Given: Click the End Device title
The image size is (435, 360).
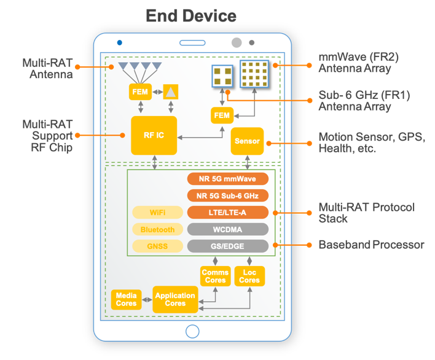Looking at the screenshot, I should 191,15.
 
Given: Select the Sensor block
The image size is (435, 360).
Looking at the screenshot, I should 246,141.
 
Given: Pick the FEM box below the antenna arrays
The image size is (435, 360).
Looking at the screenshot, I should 221,115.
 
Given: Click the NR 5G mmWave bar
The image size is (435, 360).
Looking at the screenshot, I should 228,179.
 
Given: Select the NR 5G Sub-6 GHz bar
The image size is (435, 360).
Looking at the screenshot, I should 228,196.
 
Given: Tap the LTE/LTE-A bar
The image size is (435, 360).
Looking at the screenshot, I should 228,213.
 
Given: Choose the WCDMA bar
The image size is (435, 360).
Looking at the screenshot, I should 228,229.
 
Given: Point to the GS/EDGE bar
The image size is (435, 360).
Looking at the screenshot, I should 228,246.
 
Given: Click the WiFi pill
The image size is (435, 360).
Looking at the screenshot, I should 158,213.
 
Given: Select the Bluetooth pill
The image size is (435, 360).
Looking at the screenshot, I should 158,229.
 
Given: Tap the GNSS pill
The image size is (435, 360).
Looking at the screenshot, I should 158,246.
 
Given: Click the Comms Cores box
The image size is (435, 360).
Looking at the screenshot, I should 215,276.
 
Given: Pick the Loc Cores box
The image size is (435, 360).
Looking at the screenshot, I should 249,276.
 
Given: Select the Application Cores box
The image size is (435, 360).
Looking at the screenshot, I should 175,299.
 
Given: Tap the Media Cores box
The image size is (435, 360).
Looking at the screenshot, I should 127,299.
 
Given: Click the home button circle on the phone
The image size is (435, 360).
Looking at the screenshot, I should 192,332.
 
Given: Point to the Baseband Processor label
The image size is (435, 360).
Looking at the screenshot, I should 371,245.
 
